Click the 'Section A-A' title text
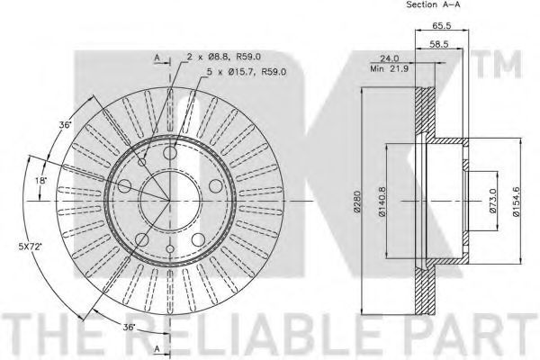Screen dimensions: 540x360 [433, 4]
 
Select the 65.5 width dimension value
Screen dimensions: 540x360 [442, 25]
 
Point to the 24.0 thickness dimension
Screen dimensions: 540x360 [389, 58]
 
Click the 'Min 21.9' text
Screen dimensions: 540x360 [389, 68]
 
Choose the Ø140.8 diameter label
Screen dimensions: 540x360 [382, 202]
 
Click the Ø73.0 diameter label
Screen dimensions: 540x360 [493, 201]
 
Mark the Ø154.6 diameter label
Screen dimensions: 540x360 [516, 202]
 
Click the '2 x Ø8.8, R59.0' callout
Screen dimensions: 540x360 [224, 57]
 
